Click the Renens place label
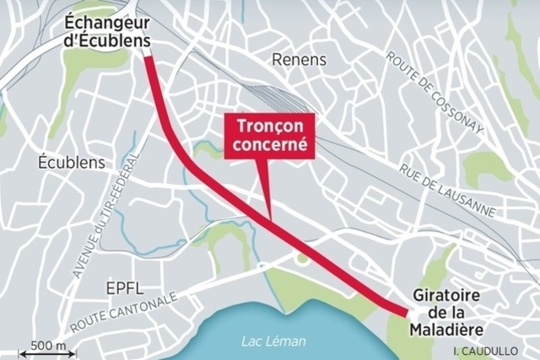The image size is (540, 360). [x=300, y=59]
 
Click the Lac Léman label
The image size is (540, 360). [x=273, y=341]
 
